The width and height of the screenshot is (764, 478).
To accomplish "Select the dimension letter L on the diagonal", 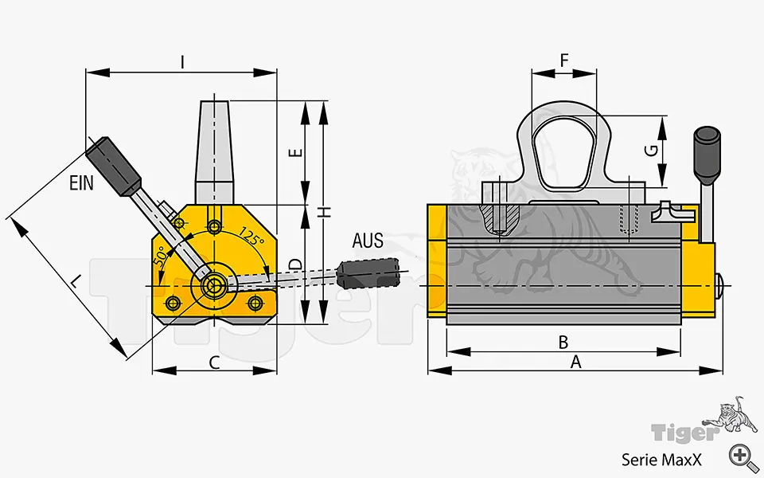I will click(x=74, y=281).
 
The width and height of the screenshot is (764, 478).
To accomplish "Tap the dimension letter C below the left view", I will click(x=214, y=362).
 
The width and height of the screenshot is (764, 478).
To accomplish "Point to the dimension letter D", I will click(x=293, y=264).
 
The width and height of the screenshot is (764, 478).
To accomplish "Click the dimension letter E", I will click(x=293, y=153).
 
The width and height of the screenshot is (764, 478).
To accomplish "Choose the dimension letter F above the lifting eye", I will click(x=564, y=61).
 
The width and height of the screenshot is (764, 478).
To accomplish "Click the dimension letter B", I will click(x=563, y=342).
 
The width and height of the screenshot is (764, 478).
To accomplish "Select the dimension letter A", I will click(x=576, y=362).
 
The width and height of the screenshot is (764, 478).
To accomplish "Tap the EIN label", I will click(x=81, y=183).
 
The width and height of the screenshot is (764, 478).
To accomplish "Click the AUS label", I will click(x=367, y=241).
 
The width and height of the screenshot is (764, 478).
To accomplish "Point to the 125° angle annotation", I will click(x=251, y=237).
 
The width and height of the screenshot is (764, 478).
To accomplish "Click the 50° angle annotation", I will click(x=162, y=255).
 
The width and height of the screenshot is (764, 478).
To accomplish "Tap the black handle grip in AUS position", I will click(x=368, y=273).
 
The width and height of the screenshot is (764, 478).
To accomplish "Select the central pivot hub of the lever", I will click(x=213, y=285).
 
